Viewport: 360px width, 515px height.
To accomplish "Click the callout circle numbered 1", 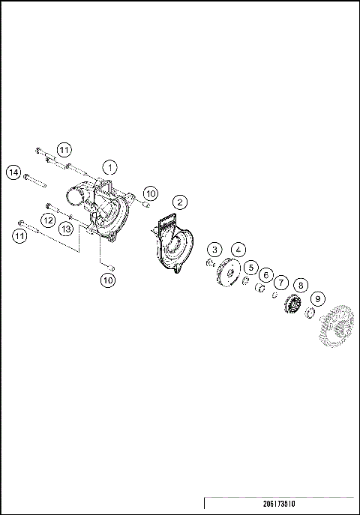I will tap(110, 166).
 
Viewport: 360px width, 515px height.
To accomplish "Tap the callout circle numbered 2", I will tap(179, 202).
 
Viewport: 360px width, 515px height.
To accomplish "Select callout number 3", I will tap(215, 250).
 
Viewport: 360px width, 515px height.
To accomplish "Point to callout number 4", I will tap(238, 250).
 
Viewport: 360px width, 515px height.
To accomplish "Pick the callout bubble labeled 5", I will tap(251, 267).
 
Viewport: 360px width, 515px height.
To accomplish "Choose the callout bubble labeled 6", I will tap(265, 275).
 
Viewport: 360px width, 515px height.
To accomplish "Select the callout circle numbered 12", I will tap(46, 220).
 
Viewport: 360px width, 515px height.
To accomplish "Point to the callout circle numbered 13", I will tap(66, 228).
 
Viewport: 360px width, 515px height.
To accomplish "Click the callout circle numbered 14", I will tap(13, 173).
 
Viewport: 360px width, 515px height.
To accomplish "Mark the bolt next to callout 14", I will tap(36, 180).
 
